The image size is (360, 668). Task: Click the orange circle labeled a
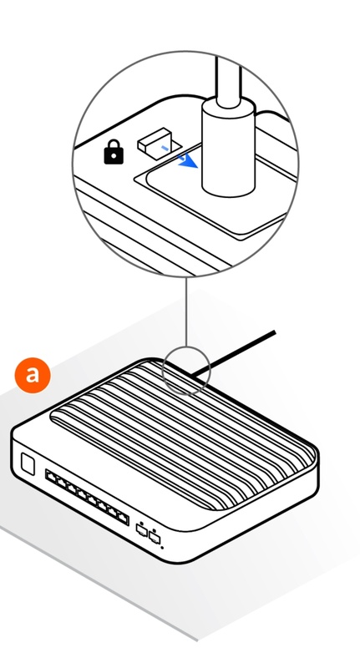point(33,375)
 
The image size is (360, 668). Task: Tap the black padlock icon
point(114,151)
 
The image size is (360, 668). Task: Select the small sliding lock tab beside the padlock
point(154,139)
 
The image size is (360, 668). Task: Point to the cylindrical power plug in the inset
point(228,148)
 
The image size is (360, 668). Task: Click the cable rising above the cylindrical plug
point(228,80)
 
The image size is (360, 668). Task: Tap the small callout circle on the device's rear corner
point(186,371)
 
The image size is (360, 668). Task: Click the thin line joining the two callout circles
point(186,311)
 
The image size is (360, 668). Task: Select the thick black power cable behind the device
point(234,353)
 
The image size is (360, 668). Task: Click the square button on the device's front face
point(28,464)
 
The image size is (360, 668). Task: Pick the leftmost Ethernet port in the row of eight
point(52,477)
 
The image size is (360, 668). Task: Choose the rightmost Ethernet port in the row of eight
point(122,518)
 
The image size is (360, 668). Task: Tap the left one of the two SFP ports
point(141,530)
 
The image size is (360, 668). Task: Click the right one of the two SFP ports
point(155,538)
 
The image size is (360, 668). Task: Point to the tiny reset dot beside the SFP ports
point(162,547)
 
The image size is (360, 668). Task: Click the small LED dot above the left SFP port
point(142,523)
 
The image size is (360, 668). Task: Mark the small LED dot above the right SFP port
point(155,530)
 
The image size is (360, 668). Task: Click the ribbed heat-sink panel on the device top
point(183,434)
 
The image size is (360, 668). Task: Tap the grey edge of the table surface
point(98,583)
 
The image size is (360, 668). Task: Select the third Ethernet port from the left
point(72,488)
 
